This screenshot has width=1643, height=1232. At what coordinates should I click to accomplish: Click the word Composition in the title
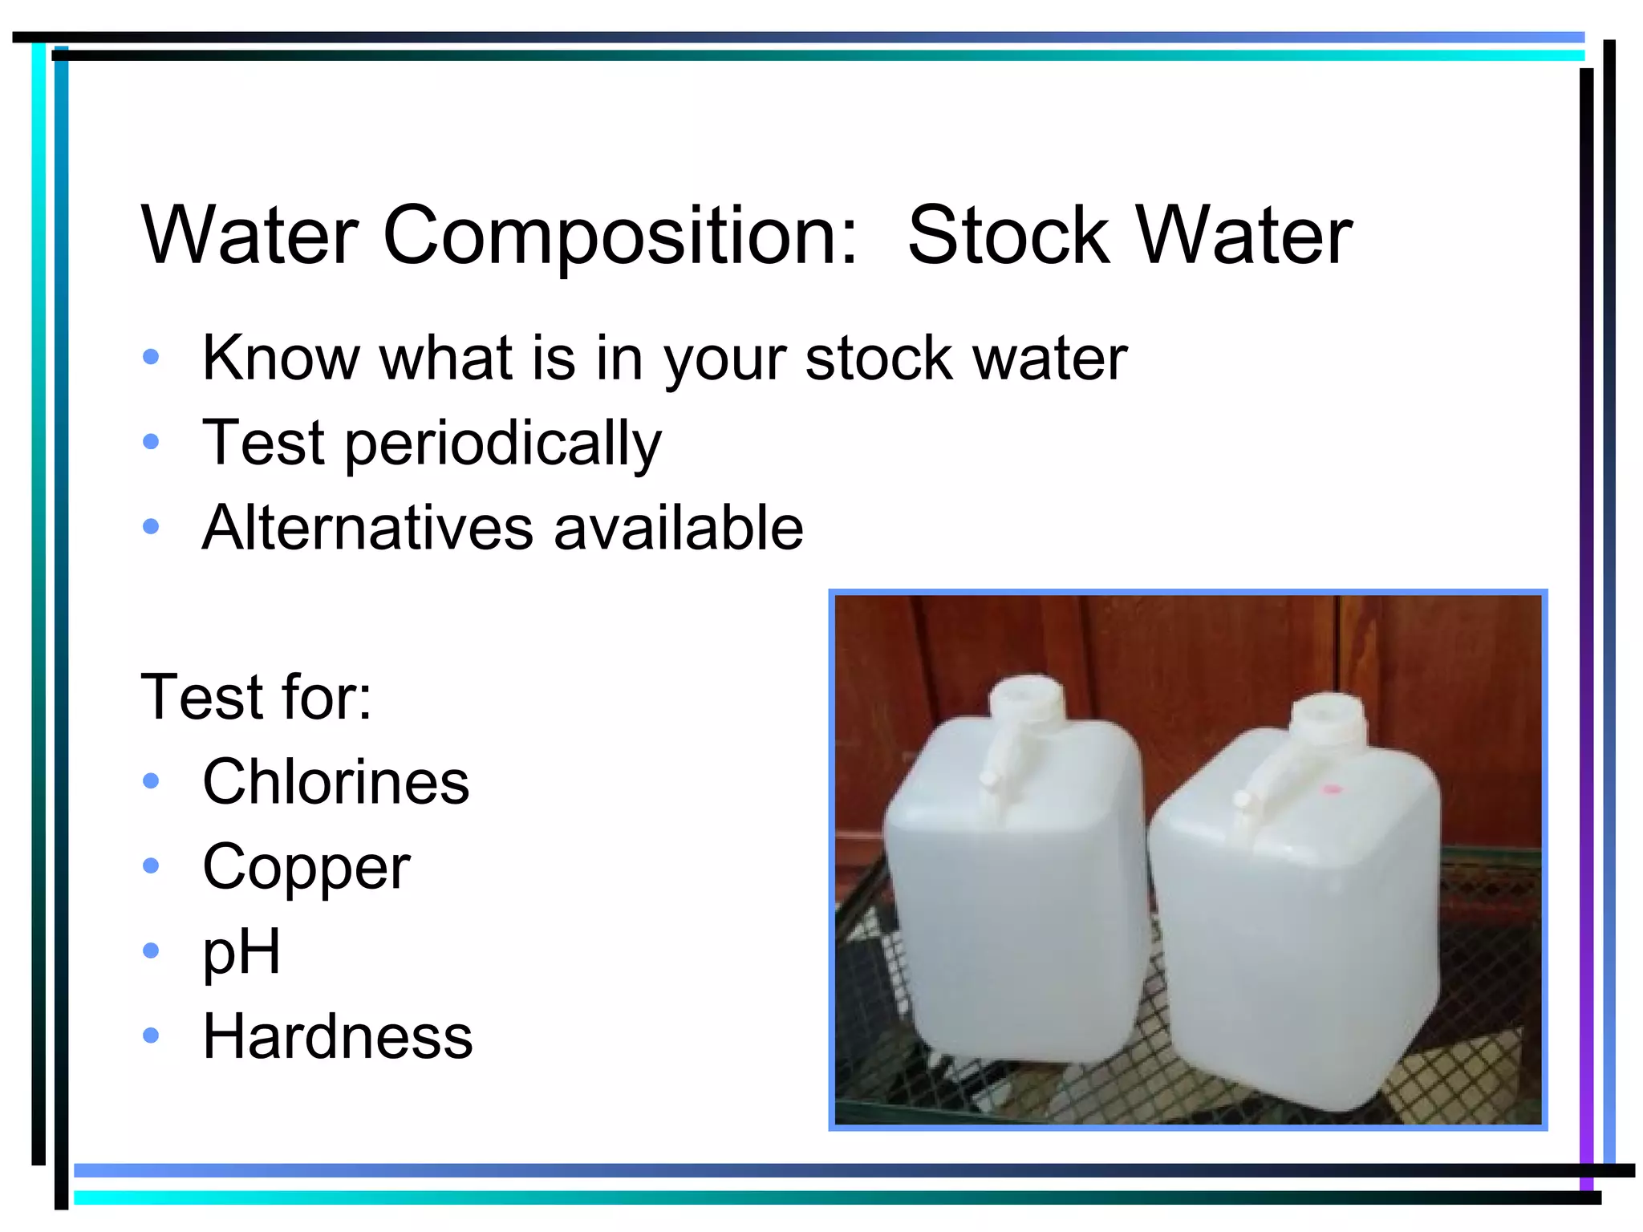tap(620, 237)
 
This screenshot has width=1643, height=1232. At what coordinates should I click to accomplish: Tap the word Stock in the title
tap(1008, 235)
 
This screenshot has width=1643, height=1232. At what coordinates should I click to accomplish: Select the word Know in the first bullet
tap(279, 358)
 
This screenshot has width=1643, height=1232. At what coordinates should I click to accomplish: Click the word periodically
tap(503, 444)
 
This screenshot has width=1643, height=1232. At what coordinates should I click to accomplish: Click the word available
tap(679, 528)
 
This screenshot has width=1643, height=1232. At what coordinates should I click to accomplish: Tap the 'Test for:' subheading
tap(256, 696)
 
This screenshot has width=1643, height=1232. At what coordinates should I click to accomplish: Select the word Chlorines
tap(335, 782)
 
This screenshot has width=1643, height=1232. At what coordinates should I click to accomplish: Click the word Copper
tap(306, 868)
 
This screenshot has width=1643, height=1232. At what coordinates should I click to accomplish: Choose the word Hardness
tap(338, 1036)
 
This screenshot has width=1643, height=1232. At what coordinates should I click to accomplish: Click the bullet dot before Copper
tap(151, 865)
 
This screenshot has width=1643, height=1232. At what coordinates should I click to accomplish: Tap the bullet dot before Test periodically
tap(151, 441)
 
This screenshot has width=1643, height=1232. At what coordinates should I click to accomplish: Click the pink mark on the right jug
tap(1330, 790)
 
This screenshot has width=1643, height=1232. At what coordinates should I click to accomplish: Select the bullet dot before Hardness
tap(151, 1035)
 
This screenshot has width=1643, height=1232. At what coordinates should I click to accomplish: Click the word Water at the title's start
tap(249, 237)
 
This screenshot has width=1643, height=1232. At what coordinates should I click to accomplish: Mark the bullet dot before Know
tap(151, 357)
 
